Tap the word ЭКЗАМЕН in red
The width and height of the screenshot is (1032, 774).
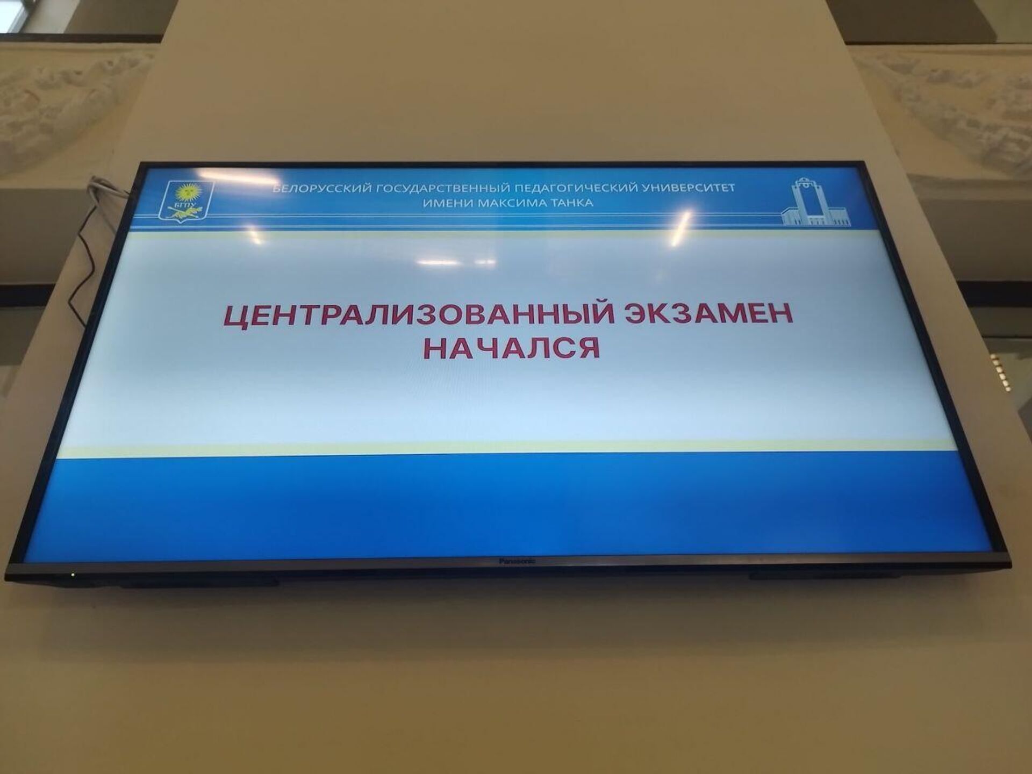[708, 313]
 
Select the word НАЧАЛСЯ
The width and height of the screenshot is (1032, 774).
[512, 348]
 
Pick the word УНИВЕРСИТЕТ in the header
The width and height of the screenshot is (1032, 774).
[689, 188]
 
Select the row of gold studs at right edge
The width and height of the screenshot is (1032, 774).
[994, 371]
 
